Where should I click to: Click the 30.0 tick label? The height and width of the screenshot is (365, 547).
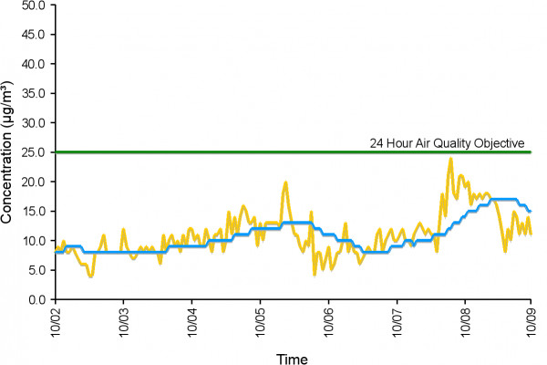coord(35,122)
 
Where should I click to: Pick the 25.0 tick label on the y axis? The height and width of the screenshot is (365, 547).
coord(35,152)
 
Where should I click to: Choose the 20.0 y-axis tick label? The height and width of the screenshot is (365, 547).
coord(35,182)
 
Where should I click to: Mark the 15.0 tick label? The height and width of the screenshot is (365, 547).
coord(35,211)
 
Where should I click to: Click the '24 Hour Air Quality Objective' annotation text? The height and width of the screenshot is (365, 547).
coord(447,143)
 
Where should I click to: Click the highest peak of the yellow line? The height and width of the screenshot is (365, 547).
coord(450,159)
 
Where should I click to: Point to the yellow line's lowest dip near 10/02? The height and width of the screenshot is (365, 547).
coord(90,276)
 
